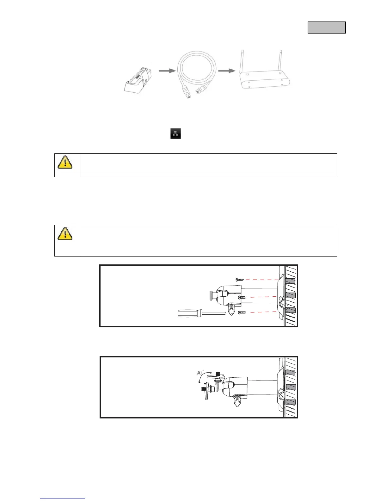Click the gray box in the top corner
327,28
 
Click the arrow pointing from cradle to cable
167,71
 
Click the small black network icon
175,133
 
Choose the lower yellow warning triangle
65,234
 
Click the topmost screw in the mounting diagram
240,280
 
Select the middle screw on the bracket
243,298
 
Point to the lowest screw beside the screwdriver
242,312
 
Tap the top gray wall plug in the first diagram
290,281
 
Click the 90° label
200,373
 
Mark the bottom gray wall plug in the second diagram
290,402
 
